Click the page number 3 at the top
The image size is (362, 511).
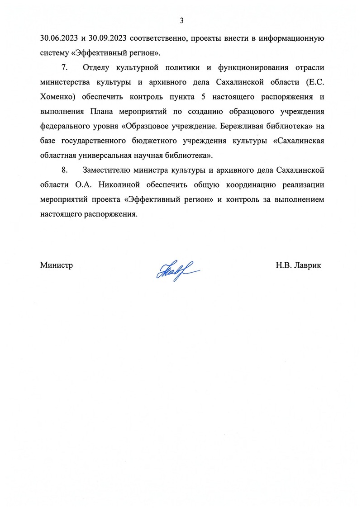[181, 20]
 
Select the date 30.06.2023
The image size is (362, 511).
[58, 38]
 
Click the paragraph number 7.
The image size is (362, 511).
[64, 68]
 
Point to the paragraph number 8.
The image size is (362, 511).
[64, 170]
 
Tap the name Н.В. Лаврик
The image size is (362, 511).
[298, 265]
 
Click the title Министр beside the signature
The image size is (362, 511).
[57, 265]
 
